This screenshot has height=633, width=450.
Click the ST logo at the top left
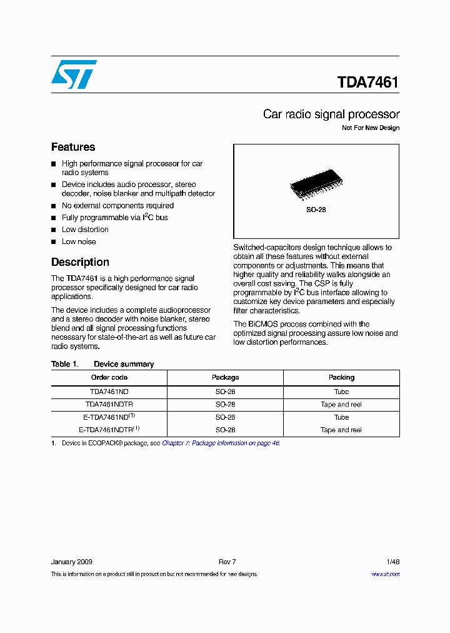click(74, 74)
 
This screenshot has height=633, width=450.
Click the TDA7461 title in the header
click(367, 83)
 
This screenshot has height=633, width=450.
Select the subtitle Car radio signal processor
click(331, 114)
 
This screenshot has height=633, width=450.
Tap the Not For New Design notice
click(370, 128)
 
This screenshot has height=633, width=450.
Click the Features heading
click(73, 147)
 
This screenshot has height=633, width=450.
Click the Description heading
click(80, 262)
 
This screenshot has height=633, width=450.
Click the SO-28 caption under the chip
click(316, 210)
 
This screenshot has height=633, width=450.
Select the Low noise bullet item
click(79, 241)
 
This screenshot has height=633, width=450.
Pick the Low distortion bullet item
click(85, 230)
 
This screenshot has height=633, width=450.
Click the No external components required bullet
click(117, 206)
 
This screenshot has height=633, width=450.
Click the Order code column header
click(109, 378)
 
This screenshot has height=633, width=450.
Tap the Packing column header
click(341, 378)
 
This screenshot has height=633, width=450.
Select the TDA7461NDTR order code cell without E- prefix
click(109, 405)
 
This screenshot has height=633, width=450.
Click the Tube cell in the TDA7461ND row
click(341, 392)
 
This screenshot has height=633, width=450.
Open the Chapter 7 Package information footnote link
click(221, 443)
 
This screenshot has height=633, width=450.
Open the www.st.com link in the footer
click(386, 574)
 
